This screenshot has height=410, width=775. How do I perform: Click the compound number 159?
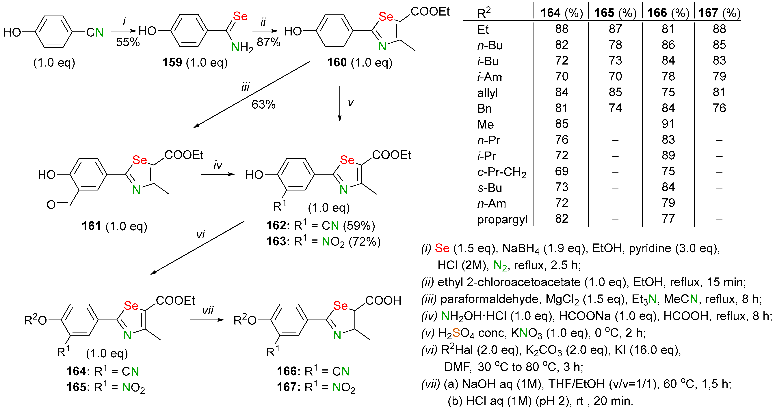[x=172, y=63]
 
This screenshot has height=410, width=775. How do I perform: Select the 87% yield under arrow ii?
[x=268, y=42]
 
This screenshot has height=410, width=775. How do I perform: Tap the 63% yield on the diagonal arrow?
[x=263, y=105]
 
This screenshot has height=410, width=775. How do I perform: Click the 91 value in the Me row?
[x=668, y=124]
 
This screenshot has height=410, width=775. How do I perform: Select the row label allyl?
[x=487, y=93]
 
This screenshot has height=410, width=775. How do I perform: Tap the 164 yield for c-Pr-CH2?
[x=561, y=171]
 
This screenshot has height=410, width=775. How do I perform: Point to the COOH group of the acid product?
[x=383, y=300]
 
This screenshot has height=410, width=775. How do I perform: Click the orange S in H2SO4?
[x=456, y=333]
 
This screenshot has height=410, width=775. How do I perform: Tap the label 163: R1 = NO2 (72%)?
[x=323, y=241]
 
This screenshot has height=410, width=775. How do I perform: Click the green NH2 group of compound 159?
[x=242, y=47]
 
